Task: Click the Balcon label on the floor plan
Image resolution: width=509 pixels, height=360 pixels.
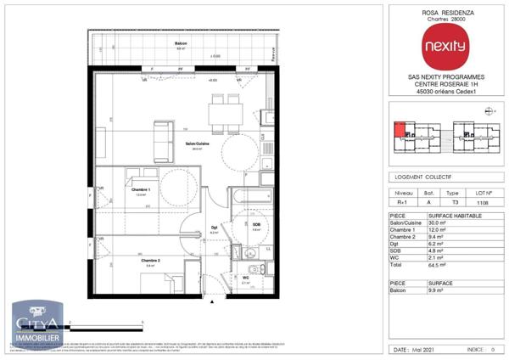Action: (180, 43)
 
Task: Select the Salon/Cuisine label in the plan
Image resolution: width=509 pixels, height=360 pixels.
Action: (198, 144)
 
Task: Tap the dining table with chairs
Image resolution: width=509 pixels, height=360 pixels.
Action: (225, 113)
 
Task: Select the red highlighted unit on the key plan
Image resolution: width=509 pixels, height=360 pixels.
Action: (399, 129)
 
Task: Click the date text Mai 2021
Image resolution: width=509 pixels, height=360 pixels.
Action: (428, 349)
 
